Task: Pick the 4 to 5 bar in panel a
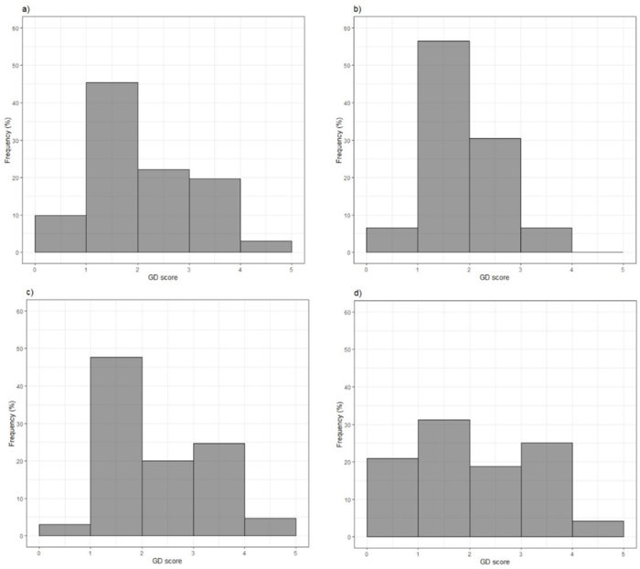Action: point(266,247)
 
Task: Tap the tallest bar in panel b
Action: point(443,146)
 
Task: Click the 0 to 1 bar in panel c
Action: point(65,531)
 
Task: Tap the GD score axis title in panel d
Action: point(494,559)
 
